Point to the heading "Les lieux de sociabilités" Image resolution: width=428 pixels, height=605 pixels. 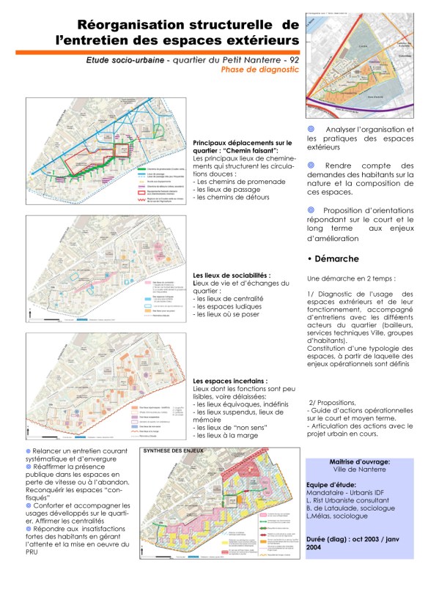coord(230,275)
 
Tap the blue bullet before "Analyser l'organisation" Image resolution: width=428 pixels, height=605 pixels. coord(311,130)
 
